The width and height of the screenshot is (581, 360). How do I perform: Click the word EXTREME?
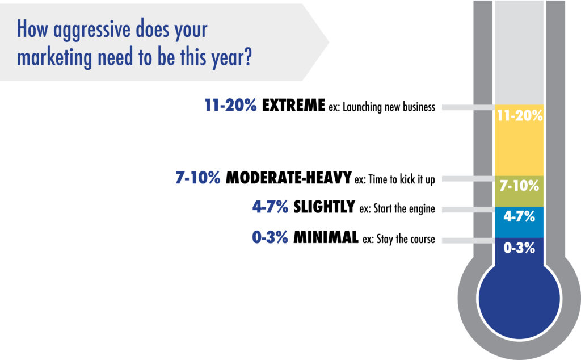(293, 105)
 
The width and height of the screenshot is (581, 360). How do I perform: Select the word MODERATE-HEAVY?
(289, 178)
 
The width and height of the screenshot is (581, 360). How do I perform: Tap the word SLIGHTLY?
(324, 207)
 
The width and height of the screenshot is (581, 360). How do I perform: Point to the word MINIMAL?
(326, 237)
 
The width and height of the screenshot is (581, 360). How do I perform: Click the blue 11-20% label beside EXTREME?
(230, 105)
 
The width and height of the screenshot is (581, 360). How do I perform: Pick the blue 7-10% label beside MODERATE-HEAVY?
(198, 178)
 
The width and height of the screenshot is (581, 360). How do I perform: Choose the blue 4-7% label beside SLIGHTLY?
(270, 207)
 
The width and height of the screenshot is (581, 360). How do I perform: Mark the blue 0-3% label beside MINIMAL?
(270, 237)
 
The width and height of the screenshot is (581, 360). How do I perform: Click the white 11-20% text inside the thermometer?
(520, 116)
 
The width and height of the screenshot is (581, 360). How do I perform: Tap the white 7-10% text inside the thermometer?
(519, 185)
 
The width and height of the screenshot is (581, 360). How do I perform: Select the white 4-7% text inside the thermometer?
(519, 216)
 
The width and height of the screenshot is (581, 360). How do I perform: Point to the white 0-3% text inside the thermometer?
(519, 248)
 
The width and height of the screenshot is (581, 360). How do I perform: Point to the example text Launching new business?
(389, 107)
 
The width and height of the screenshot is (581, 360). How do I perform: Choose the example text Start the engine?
(404, 209)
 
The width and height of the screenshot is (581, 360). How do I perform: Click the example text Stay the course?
(406, 239)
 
